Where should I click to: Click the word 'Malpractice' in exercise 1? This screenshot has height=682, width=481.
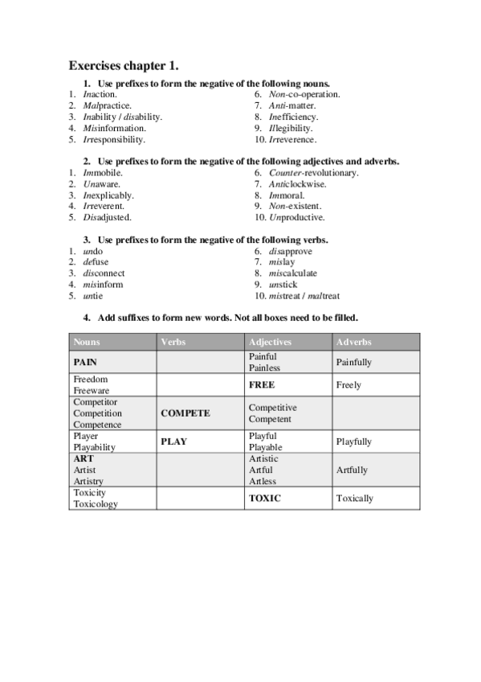click(x=107, y=105)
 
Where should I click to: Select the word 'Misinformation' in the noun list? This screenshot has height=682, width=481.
click(x=114, y=128)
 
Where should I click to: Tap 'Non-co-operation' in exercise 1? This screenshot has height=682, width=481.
click(x=304, y=94)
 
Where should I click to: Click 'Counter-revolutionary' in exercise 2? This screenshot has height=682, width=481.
click(x=313, y=173)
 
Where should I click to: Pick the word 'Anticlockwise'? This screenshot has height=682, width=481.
click(x=297, y=184)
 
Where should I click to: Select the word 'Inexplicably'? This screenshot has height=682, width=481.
click(x=108, y=195)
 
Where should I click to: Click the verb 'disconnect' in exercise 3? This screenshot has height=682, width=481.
click(x=104, y=273)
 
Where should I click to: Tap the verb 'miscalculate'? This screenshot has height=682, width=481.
click(x=293, y=273)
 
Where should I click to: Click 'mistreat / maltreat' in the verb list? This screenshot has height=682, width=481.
click(x=304, y=296)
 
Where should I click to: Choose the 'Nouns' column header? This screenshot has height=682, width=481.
click(x=87, y=342)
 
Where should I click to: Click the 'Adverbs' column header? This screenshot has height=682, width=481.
click(x=353, y=342)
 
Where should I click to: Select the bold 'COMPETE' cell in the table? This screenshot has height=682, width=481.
click(x=185, y=413)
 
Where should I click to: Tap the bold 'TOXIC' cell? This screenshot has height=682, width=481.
click(x=265, y=499)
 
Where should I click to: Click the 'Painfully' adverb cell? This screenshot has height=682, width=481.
click(x=354, y=363)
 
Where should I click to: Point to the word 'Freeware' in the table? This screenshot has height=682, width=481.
click(x=91, y=391)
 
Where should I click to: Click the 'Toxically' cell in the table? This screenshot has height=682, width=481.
click(x=355, y=499)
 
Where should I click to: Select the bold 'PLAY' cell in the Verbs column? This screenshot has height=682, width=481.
click(x=173, y=442)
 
